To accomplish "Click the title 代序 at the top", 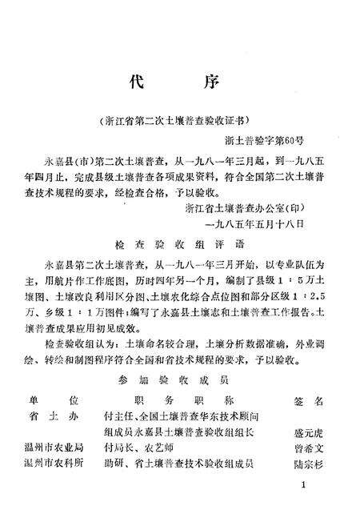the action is tap(180, 82).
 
